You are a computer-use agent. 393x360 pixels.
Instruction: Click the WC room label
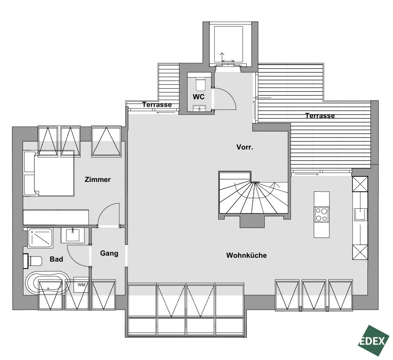(x=199, y=97)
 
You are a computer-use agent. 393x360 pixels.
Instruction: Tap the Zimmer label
(x=98, y=179)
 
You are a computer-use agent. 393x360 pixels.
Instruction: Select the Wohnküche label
(x=246, y=255)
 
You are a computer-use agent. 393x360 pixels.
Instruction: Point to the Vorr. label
(x=245, y=147)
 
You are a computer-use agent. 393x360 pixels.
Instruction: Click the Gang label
(x=109, y=253)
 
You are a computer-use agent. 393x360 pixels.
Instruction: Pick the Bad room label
(x=56, y=259)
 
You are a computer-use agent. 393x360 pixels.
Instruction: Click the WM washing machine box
(x=81, y=285)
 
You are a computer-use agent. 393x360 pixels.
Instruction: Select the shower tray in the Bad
(x=40, y=238)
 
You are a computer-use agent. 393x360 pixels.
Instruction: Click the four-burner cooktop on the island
(x=321, y=214)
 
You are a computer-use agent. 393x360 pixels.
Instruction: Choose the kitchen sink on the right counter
(x=361, y=215)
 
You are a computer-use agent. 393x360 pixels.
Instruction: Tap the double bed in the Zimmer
(x=49, y=173)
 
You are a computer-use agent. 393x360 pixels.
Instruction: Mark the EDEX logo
(x=373, y=341)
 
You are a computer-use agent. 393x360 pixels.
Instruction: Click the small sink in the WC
(x=199, y=108)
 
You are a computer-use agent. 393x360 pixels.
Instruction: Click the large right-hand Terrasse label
(x=320, y=115)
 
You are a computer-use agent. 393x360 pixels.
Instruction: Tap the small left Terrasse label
(x=157, y=104)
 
